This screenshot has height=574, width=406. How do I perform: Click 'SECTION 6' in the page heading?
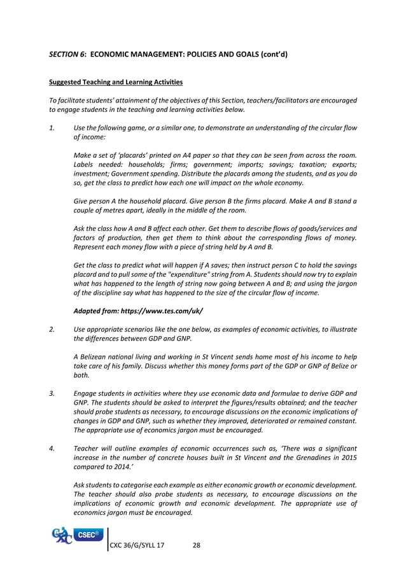pyautogui.click(x=67, y=55)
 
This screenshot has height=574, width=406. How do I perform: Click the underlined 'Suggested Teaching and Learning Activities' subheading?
pyautogui.click(x=116, y=83)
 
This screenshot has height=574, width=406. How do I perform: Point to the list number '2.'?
pyautogui.click(x=52, y=329)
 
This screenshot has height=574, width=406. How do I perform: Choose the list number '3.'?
pyautogui.click(x=52, y=393)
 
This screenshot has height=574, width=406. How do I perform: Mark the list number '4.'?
pyautogui.click(x=52, y=448)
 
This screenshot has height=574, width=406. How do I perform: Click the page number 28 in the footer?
pyautogui.click(x=197, y=545)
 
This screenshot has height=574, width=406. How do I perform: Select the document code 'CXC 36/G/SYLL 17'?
pyautogui.click(x=137, y=545)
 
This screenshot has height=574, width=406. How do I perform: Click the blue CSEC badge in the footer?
pyautogui.click(x=88, y=535)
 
